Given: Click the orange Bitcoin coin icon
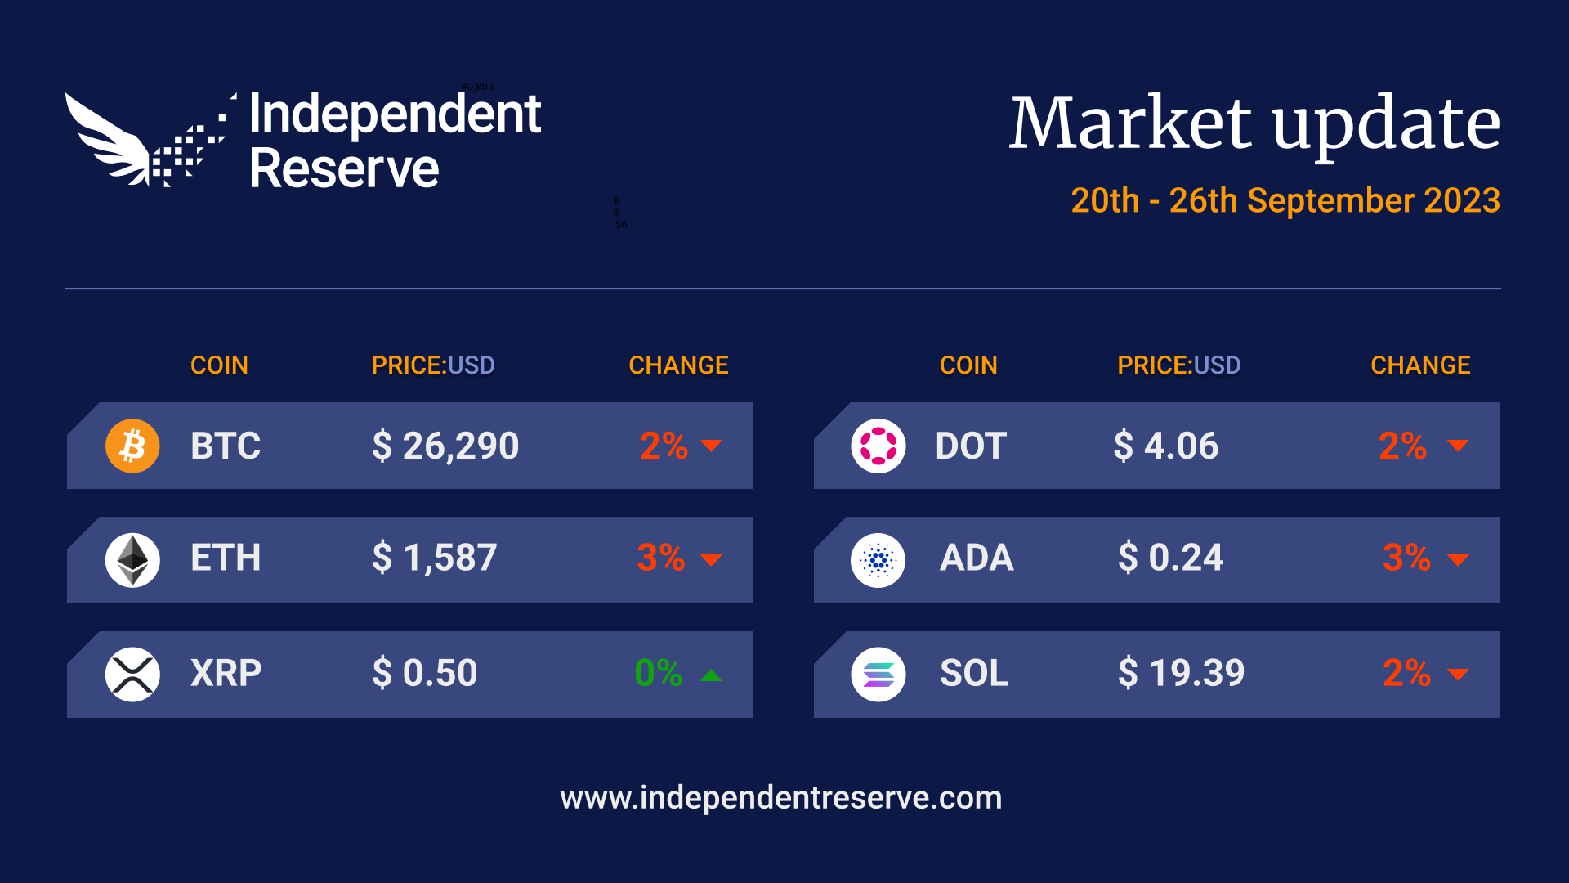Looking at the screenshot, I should (x=132, y=446).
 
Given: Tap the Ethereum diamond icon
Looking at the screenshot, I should (x=132, y=560).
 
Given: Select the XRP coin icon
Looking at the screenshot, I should (x=132, y=675).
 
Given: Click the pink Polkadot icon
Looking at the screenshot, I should (x=878, y=446).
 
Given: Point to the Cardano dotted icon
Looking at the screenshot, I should (x=878, y=560).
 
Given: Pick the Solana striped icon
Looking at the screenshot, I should (x=878, y=675).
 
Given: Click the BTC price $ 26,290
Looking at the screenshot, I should (x=445, y=446).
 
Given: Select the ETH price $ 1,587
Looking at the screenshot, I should (x=434, y=558).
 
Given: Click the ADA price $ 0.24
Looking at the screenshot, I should (x=1170, y=558).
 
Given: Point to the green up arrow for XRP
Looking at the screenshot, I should (x=711, y=675).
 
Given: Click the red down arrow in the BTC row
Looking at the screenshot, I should (x=711, y=446).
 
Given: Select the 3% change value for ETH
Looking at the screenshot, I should (x=660, y=558).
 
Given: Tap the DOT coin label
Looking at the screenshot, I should (x=971, y=446).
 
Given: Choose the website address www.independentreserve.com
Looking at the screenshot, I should (x=780, y=798).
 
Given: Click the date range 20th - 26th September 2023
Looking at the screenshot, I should (x=1285, y=201).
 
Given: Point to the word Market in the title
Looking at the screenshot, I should (x=1130, y=123).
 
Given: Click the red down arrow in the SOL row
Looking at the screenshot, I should (x=1458, y=675).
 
